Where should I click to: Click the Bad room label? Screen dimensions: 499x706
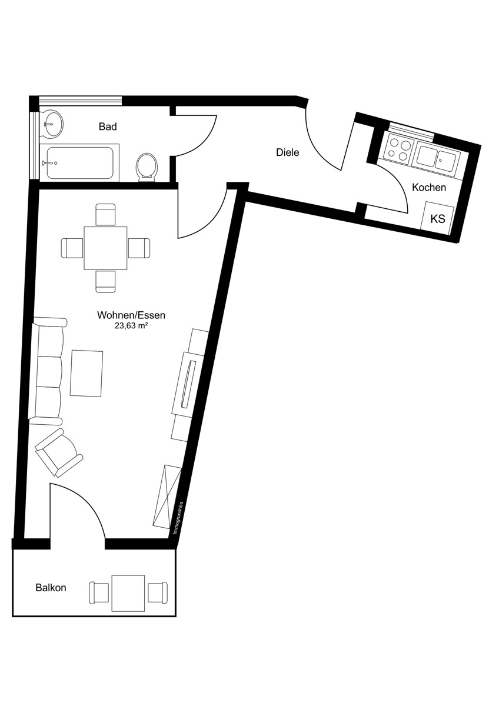tap(108, 126)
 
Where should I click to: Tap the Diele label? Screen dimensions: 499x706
tap(288, 152)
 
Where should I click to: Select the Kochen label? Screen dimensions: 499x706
tap(429, 188)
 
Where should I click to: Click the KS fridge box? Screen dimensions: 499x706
tap(438, 218)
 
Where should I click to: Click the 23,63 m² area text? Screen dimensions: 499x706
tap(131, 326)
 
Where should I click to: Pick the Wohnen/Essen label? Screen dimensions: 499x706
tap(131, 315)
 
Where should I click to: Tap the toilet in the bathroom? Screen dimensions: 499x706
tap(147, 167)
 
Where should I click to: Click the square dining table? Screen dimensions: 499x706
tap(105, 248)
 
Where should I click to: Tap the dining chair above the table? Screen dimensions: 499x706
tap(105, 214)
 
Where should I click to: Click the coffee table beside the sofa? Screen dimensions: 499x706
tap(87, 373)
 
